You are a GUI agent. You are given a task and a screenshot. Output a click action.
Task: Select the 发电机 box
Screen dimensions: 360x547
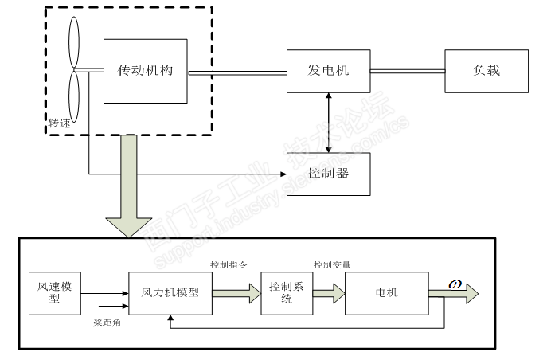(328, 71)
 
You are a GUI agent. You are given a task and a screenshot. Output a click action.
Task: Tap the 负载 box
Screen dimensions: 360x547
(486, 71)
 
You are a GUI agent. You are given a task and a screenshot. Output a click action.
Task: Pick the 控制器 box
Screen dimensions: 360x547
(328, 174)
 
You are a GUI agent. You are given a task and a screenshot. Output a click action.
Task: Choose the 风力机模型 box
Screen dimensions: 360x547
(170, 292)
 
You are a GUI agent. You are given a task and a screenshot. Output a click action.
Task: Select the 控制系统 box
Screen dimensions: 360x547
(280, 292)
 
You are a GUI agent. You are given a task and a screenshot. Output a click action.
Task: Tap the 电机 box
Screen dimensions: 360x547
(386, 292)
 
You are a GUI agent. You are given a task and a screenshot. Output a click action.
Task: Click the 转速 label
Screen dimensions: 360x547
(60, 123)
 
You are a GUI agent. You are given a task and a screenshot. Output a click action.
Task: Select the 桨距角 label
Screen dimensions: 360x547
(107, 323)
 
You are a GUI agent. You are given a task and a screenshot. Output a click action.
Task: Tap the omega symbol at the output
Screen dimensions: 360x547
(455, 284)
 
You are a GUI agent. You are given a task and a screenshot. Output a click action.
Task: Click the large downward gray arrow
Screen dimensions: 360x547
(127, 187)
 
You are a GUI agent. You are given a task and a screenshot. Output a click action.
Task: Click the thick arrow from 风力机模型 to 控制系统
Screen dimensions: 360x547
(236, 293)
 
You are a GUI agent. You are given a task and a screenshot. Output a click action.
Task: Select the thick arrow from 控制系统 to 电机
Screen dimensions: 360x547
(322, 293)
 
